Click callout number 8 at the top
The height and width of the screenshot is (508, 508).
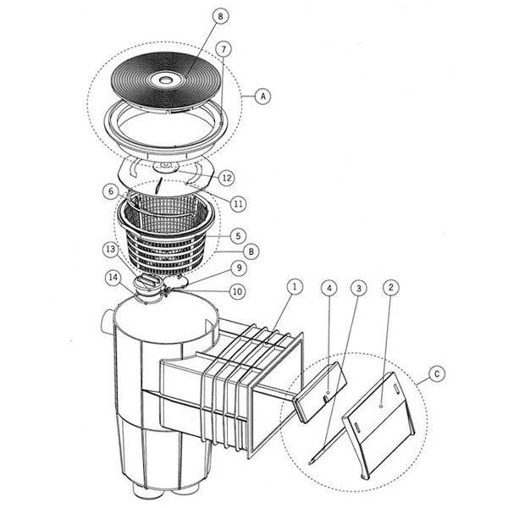pos(196,16)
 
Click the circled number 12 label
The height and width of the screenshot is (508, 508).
pos(226,178)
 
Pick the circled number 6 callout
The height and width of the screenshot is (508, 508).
pos(110,192)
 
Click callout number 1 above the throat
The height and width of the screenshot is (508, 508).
pos(293,287)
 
